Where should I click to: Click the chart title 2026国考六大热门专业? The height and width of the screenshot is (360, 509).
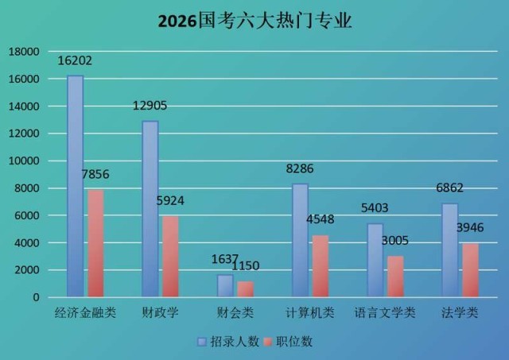pos(254,21)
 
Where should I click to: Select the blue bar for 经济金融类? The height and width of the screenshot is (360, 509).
pos(75,186)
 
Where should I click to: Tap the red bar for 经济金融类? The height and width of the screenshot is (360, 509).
pos(95,242)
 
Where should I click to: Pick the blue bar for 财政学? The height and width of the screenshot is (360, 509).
pos(150,208)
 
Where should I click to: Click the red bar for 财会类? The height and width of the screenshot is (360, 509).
pos(245,288)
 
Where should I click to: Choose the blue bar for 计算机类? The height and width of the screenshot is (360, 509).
pos(300,240)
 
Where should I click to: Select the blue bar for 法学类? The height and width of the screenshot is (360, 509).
pos(450,250)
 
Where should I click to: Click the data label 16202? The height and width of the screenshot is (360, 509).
pos(76,60)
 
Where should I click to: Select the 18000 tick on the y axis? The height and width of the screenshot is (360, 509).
pos(23,52)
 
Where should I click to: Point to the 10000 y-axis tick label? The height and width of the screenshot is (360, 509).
pos(23,161)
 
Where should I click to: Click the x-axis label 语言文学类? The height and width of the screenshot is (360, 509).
pos(385,312)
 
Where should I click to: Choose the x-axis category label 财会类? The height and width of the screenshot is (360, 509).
pos(235,312)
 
